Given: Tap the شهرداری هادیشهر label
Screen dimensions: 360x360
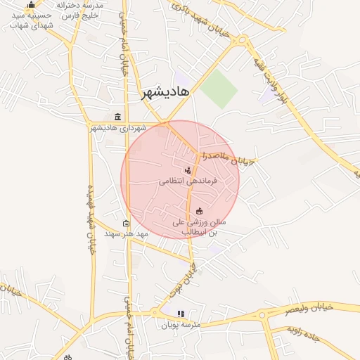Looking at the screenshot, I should pyautogui.click(x=117, y=128).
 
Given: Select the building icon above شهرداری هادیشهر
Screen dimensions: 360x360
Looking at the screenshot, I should pyautogui.click(x=117, y=117).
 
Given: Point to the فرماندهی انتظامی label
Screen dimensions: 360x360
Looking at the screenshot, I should pyautogui.click(x=188, y=181).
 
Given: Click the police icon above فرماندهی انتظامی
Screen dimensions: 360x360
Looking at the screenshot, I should pyautogui.click(x=188, y=169).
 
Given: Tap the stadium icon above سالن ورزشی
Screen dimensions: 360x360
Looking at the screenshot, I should pyautogui.click(x=199, y=211).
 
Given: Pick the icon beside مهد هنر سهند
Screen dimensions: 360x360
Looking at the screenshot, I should pyautogui.click(x=126, y=224).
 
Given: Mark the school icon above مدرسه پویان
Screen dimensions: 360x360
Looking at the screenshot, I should pyautogui.click(x=181, y=314).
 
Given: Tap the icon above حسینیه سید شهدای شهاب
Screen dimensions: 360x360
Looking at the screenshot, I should pyautogui.click(x=30, y=4).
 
